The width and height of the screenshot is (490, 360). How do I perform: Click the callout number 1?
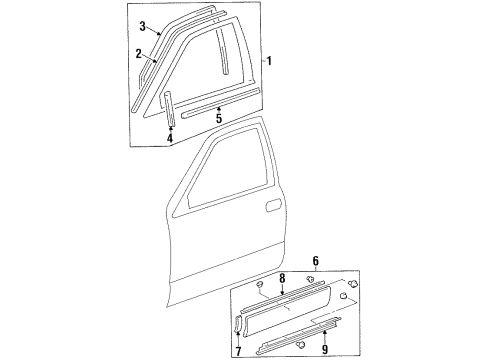[269, 60]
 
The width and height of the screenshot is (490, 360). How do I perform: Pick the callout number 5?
[218, 118]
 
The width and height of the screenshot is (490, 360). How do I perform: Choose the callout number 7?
[237, 350]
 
